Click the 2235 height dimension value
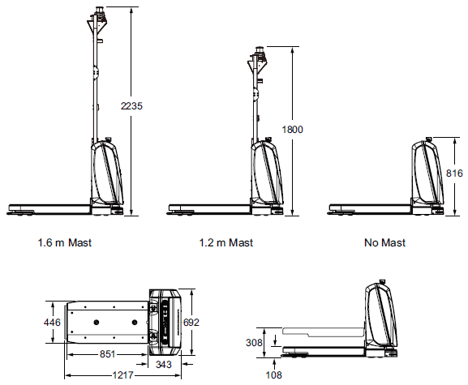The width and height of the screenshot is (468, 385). pyautogui.click(x=131, y=106)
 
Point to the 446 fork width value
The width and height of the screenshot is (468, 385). pyautogui.click(x=53, y=323)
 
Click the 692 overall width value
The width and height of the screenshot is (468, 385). pyautogui.click(x=191, y=323)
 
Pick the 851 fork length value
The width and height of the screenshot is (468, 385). pyautogui.click(x=105, y=354)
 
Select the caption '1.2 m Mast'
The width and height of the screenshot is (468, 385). pyautogui.click(x=226, y=242)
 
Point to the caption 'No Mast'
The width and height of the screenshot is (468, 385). pyautogui.click(x=386, y=242)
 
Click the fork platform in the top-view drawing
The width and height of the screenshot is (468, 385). pyautogui.click(x=105, y=322)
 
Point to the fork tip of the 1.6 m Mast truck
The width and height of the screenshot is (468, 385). pyautogui.click(x=11, y=206)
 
